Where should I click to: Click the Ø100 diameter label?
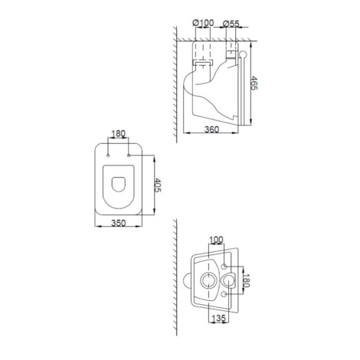click(x=203, y=23)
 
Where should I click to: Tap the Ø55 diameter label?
click(x=231, y=24)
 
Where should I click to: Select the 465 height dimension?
click(x=254, y=83)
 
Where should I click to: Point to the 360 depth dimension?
click(x=211, y=129)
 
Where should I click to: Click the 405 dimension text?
click(x=158, y=185)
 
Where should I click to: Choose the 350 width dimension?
click(x=119, y=223)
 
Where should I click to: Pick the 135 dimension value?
click(x=219, y=318)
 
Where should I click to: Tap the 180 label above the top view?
click(x=119, y=133)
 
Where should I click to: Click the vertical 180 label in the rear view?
click(x=246, y=280)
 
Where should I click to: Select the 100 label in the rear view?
click(x=216, y=240)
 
